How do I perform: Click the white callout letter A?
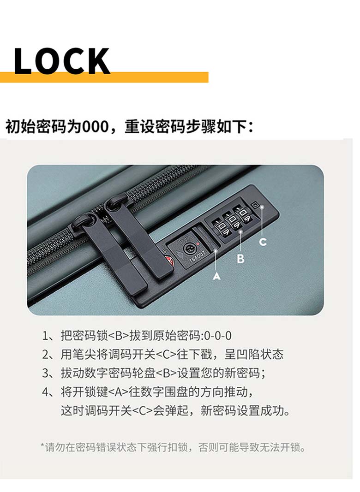pos(216,276)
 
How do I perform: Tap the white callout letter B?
pos(240,259)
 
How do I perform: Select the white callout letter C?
pos(263,242)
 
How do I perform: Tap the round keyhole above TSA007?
pos(189,249)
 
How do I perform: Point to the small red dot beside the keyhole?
pos(198,243)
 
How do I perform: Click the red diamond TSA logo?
pos(170,261)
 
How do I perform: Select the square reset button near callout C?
pos(256,206)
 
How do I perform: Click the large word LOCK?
pos(62,61)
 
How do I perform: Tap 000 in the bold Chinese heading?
pos(95,127)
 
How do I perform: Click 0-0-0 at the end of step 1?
pos(218,336)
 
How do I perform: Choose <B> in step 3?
pos(166,373)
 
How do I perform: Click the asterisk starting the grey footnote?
pos(42,445)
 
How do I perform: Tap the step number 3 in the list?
pos(45,373)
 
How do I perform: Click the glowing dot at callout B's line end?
pos(240,231)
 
